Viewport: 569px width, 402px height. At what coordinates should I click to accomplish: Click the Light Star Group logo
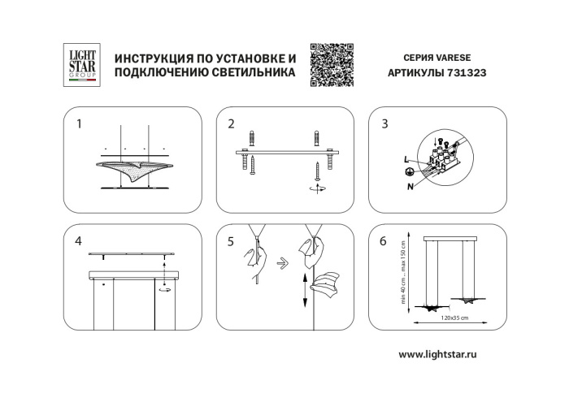point(80,64)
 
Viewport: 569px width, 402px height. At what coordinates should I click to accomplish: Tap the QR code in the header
point(332,63)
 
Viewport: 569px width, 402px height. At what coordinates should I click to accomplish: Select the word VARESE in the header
point(464,58)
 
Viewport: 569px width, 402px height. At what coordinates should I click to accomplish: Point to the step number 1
point(79,124)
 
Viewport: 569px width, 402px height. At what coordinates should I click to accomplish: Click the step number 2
point(232,124)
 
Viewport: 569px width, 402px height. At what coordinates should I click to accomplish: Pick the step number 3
point(384,124)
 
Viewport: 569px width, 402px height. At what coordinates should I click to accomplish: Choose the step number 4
point(79,241)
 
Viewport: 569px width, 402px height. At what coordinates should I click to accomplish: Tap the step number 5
point(232,241)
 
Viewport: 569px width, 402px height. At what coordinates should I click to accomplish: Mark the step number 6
point(384,241)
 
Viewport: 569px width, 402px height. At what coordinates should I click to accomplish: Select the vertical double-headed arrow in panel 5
point(304,290)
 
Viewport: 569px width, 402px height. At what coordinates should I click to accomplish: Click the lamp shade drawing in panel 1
point(135,170)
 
